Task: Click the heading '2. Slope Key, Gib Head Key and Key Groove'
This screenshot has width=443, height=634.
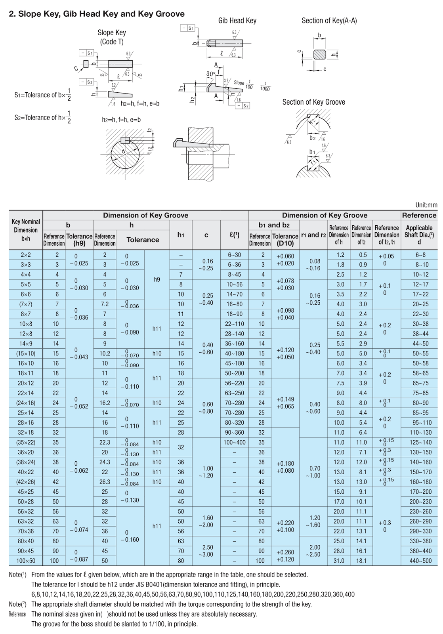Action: pyautogui.click(x=97, y=14)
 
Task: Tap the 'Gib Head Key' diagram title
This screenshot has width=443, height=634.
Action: pyautogui.click(x=237, y=21)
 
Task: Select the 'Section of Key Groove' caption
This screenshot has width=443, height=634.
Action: pyautogui.click(x=313, y=102)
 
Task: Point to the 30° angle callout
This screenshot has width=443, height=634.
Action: pyautogui.click(x=210, y=74)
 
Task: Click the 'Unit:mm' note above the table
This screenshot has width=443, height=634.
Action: pyautogui.click(x=426, y=205)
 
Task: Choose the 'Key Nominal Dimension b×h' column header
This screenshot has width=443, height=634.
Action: pyautogui.click(x=26, y=230)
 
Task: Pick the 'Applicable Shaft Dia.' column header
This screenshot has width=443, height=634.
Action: pyautogui.click(x=419, y=235)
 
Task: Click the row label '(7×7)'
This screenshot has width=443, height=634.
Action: pyautogui.click(x=26, y=304)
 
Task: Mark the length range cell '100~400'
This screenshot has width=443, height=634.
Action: pyautogui.click(x=235, y=443)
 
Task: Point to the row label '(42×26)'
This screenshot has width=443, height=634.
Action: pyautogui.click(x=26, y=482)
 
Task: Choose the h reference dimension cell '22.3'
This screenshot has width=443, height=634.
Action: pyautogui.click(x=105, y=443)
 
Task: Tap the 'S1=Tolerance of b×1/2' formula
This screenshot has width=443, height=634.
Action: pyautogui.click(x=43, y=95)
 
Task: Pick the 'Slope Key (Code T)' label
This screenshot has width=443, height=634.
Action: pyautogui.click(x=112, y=37)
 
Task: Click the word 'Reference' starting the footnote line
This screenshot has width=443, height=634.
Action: pyautogui.click(x=17, y=614)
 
